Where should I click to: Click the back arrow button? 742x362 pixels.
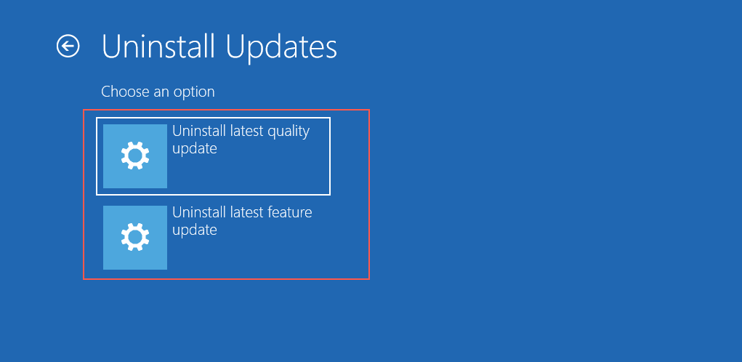click(68, 47)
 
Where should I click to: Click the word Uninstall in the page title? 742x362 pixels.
click(158, 47)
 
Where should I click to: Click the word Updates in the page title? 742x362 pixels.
click(281, 47)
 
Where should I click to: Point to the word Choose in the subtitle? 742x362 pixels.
click(125, 92)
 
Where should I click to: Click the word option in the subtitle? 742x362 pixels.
click(194, 92)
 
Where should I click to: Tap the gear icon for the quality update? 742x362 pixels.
click(135, 156)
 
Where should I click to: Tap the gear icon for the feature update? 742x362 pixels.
click(135, 237)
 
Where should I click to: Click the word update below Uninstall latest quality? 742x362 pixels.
click(195, 148)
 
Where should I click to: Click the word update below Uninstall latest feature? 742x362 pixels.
click(195, 230)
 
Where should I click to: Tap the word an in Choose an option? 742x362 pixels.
click(161, 93)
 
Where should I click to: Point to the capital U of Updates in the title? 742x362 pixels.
click(236, 47)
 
